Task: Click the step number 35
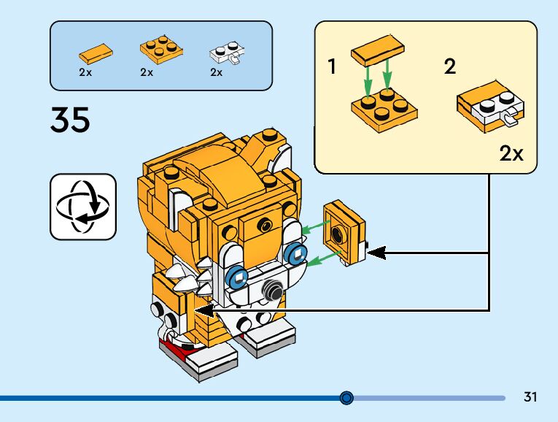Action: [70, 120]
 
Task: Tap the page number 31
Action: [530, 396]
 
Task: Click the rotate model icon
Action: [83, 207]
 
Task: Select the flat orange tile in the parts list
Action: [96, 53]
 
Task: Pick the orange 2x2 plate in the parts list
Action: [161, 49]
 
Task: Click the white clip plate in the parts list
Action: [228, 53]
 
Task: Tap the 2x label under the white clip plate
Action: [216, 72]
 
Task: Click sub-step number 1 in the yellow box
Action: [332, 66]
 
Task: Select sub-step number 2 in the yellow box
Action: [450, 66]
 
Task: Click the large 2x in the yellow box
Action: [511, 153]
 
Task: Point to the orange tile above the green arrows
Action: [378, 50]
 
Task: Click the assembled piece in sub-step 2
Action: [490, 107]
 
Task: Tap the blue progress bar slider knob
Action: [346, 397]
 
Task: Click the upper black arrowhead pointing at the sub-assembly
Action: [376, 253]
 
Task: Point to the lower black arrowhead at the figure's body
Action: [204, 310]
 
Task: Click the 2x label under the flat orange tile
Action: [85, 72]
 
